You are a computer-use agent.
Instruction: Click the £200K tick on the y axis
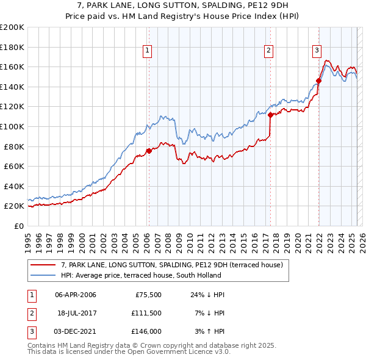click(x=12, y=27)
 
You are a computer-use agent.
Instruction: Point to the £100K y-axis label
click(x=12, y=126)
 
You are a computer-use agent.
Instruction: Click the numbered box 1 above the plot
click(x=148, y=51)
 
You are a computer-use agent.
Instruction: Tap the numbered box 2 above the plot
click(x=269, y=51)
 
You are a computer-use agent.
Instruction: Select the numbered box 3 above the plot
click(x=317, y=51)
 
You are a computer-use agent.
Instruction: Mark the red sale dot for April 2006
click(x=149, y=151)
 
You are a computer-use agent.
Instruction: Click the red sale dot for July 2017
click(x=270, y=114)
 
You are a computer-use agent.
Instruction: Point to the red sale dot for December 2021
click(x=318, y=81)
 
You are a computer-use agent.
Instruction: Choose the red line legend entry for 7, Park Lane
click(x=171, y=265)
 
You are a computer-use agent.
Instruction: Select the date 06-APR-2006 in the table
click(x=76, y=295)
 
